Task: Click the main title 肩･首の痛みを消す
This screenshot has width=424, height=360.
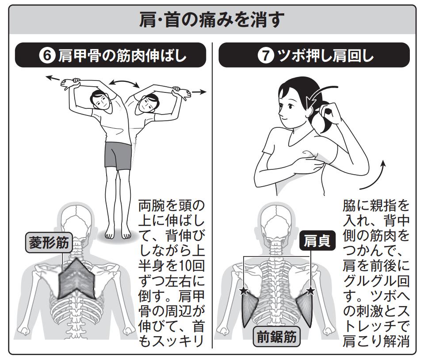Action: (212, 19)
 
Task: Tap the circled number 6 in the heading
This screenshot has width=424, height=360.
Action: (47, 56)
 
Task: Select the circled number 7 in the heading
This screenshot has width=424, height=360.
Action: (266, 56)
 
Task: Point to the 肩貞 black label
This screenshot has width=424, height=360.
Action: (317, 241)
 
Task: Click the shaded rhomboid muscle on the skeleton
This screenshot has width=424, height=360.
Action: (77, 279)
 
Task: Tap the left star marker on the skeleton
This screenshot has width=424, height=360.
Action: (244, 291)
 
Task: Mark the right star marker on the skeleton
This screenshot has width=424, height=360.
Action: (311, 291)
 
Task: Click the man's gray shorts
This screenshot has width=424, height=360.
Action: (118, 156)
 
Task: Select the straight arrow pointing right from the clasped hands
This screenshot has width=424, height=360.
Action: (199, 92)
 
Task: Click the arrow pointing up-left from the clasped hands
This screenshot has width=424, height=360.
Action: (53, 79)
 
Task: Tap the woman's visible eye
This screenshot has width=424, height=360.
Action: (290, 106)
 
